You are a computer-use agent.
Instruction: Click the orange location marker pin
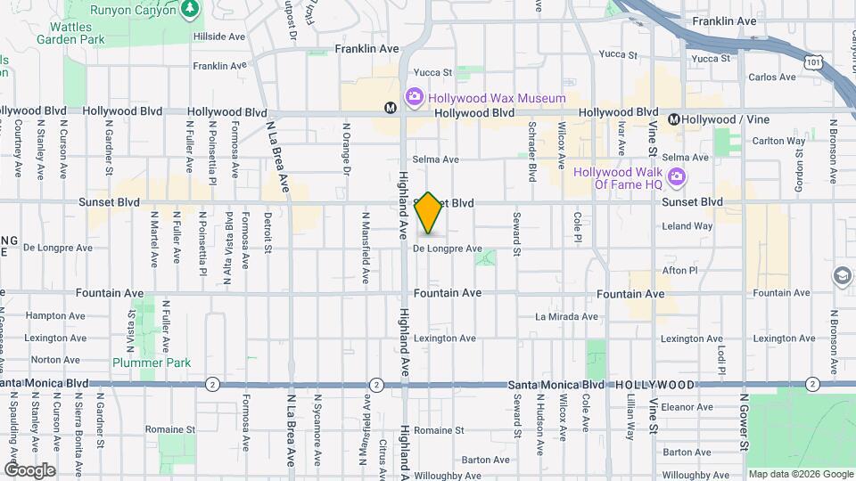click(x=429, y=214)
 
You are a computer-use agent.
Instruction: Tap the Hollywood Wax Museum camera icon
click(x=415, y=97)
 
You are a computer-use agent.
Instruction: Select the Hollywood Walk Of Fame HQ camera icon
click(x=677, y=177)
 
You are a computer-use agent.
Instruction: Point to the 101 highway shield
click(x=812, y=62)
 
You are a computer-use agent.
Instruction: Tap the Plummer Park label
click(x=139, y=363)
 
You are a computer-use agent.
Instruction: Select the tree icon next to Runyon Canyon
click(x=189, y=10)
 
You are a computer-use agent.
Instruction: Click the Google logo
click(x=29, y=470)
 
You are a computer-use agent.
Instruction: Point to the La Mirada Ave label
click(x=566, y=316)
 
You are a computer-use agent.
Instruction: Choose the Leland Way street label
click(x=687, y=226)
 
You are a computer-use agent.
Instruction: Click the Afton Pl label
click(x=679, y=270)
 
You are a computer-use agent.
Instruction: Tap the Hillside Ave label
click(x=219, y=38)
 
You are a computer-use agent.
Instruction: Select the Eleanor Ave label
click(x=687, y=407)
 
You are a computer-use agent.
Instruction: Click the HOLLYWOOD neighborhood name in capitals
click(x=654, y=385)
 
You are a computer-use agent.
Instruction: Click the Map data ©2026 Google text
click(x=800, y=474)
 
